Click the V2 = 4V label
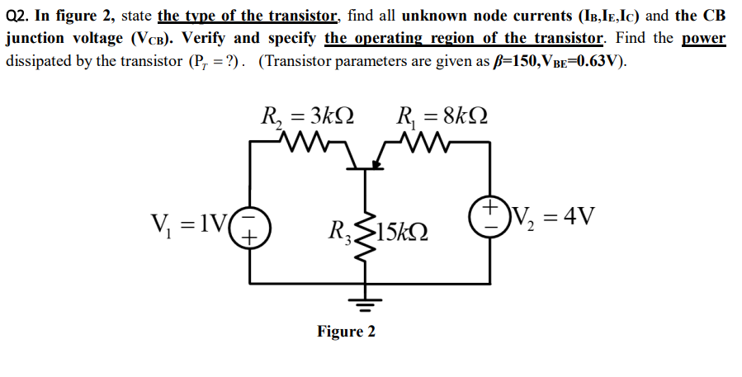point(547,216)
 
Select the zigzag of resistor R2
point(307,146)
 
